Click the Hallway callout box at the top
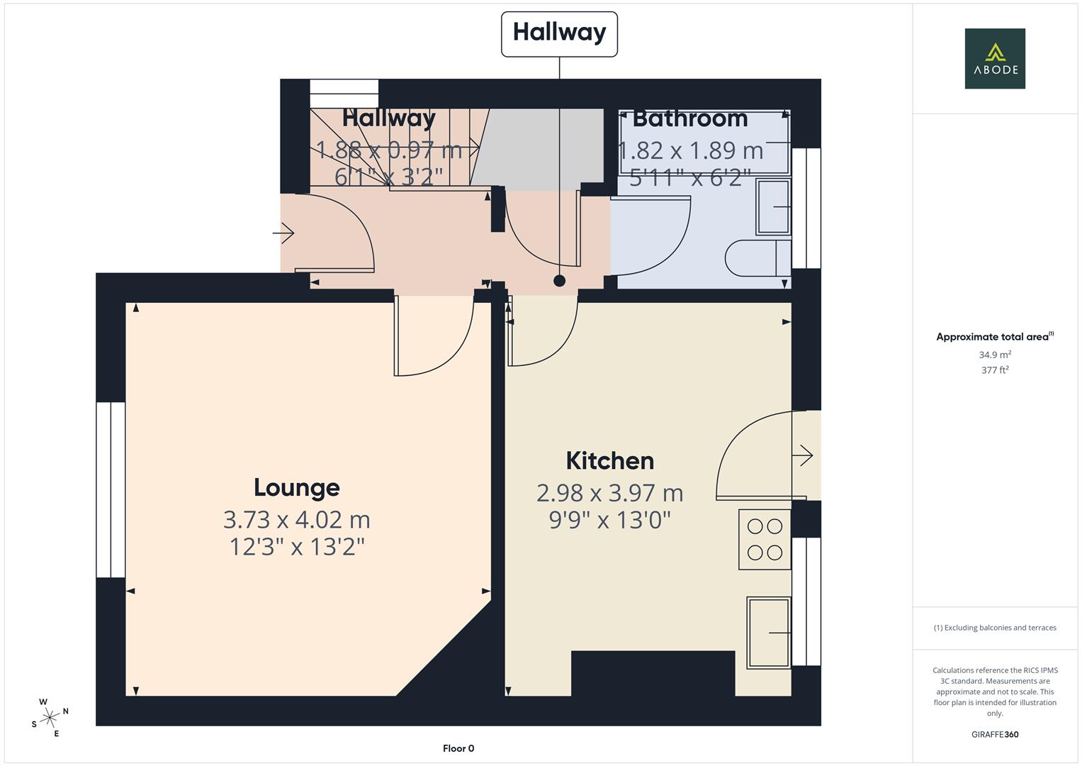point(559,34)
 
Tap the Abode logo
point(995,58)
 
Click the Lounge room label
point(297,487)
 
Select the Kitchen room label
point(610,461)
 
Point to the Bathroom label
point(690,119)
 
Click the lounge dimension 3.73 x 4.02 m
point(297,520)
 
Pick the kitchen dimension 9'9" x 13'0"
point(610,521)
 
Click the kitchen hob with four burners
point(765,539)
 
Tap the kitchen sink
point(769,633)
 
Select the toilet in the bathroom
point(758,258)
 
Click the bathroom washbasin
point(773,207)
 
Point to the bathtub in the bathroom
point(705,143)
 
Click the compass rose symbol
point(50,718)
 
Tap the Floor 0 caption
point(458,748)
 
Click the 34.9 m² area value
point(995,355)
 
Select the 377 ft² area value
point(995,370)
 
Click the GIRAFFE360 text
point(995,735)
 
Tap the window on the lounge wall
point(111,489)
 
